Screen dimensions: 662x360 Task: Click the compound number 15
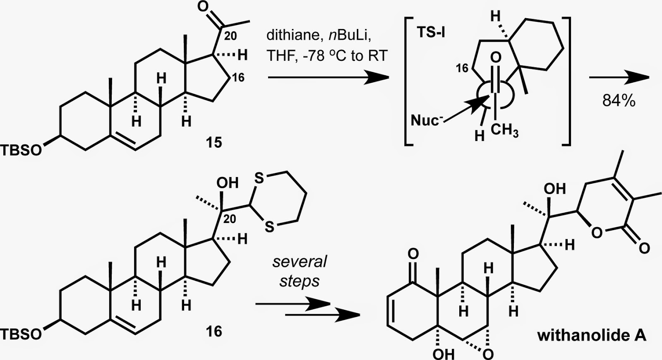pyautogui.click(x=214, y=143)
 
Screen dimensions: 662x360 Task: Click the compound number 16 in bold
pyautogui.click(x=214, y=331)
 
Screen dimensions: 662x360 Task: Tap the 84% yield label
pyautogui.click(x=619, y=101)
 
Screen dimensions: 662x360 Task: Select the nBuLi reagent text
pyautogui.click(x=350, y=35)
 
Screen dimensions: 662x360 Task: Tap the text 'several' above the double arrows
pyautogui.click(x=300, y=262)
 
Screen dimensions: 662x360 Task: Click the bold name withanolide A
pyautogui.click(x=592, y=336)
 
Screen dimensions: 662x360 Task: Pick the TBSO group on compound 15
pyautogui.click(x=21, y=150)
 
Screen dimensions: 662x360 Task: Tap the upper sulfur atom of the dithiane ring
pyautogui.click(x=259, y=178)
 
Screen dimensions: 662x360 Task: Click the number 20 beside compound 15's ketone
pyautogui.click(x=230, y=36)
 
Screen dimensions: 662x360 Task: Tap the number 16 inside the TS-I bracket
pyautogui.click(x=462, y=68)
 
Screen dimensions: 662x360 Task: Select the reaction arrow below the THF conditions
pyautogui.click(x=329, y=77)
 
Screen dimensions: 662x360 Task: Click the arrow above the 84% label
pyautogui.click(x=619, y=77)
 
